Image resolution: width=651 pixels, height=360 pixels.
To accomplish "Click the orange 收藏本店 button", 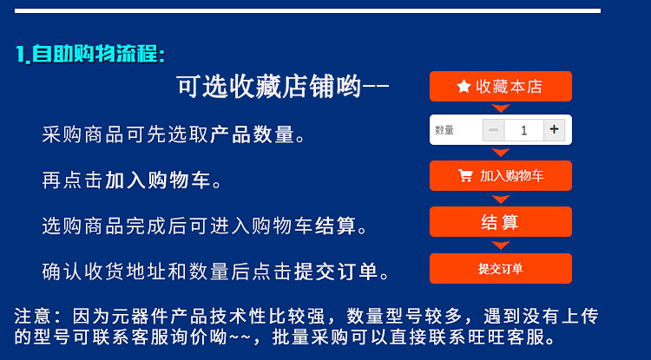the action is pyautogui.click(x=501, y=86).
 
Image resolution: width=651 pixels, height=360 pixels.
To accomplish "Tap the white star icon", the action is pyautogui.click(x=464, y=86).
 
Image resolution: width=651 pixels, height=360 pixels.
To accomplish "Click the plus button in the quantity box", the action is pyautogui.click(x=554, y=130).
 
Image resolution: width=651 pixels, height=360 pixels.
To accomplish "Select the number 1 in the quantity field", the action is pyautogui.click(x=524, y=130).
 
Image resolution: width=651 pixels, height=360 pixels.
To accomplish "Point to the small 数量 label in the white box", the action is pyautogui.click(x=444, y=130).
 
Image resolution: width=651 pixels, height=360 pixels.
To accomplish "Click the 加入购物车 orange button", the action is pyautogui.click(x=501, y=176).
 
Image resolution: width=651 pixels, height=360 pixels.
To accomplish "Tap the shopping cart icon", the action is pyautogui.click(x=465, y=176).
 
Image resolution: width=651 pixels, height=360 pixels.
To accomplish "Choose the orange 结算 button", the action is pyautogui.click(x=501, y=222).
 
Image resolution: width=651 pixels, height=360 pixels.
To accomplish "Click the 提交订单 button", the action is pyautogui.click(x=501, y=268).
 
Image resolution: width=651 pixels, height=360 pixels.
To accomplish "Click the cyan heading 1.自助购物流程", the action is pyautogui.click(x=90, y=54).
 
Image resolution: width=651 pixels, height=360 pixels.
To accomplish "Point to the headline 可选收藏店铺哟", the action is pyautogui.click(x=282, y=87).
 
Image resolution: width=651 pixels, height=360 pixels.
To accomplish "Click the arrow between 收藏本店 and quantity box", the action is pyautogui.click(x=501, y=108).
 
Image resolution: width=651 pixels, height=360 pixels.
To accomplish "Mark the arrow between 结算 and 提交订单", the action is pyautogui.click(x=501, y=245).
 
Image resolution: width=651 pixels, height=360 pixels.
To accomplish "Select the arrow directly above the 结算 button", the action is pyautogui.click(x=501, y=200).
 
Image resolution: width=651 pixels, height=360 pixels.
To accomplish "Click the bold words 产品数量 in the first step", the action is pyautogui.click(x=252, y=134).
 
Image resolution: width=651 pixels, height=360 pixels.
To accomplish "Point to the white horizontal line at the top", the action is pyautogui.click(x=307, y=10).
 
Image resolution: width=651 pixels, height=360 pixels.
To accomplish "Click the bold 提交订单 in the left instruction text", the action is pyautogui.click(x=336, y=272).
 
